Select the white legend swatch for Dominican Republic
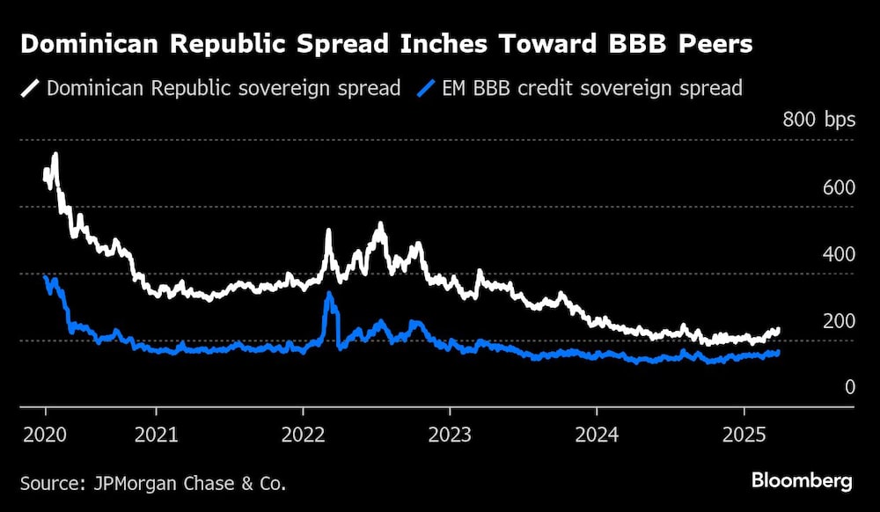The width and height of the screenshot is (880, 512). click(x=31, y=88)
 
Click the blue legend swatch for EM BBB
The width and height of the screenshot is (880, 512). click(x=427, y=88)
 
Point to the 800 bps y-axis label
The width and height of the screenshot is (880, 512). click(x=818, y=121)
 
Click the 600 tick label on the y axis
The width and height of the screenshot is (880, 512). click(x=838, y=187)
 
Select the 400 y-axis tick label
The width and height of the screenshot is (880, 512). click(x=838, y=254)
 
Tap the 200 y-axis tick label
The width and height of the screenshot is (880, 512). click(x=838, y=321)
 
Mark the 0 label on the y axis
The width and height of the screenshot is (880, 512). click(x=850, y=387)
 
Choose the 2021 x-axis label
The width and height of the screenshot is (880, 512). click(x=156, y=435)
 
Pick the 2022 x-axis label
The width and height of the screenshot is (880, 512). click(x=303, y=435)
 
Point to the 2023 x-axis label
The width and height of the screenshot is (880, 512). click(x=450, y=435)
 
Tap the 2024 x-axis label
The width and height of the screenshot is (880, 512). click(x=597, y=435)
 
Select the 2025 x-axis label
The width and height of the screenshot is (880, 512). click(x=744, y=435)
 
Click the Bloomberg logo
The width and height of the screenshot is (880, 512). click(x=801, y=480)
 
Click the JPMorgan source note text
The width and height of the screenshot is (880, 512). click(x=153, y=483)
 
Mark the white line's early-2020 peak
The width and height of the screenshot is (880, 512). click(x=55, y=156)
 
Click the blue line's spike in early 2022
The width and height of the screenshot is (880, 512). click(x=329, y=295)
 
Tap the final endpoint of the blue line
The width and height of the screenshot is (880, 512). click(x=777, y=353)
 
